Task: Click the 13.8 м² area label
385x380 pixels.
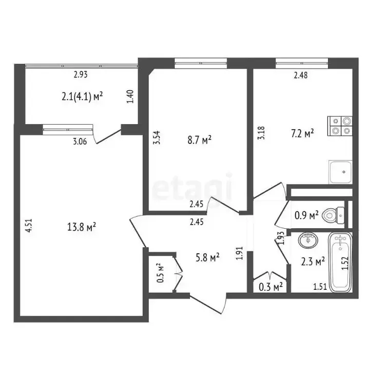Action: pos(81,227)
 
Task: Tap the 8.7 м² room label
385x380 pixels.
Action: pos(199,141)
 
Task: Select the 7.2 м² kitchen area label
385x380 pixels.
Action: pos(302,134)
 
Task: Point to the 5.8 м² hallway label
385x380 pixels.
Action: pos(207,257)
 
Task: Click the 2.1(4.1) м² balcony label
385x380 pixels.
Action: pos(82,96)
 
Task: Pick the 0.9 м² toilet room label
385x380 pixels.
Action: pos(306,215)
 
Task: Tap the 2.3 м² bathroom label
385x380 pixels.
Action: pos(313,262)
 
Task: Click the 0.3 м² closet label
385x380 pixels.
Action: pos(271,287)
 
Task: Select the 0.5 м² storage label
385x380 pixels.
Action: pos(160,273)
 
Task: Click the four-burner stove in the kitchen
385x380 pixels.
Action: pos(340,126)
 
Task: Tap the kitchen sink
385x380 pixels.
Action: pos(340,172)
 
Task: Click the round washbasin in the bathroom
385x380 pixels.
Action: pos(308,241)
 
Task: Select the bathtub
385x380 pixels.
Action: pos(340,262)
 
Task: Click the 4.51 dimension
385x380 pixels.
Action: pos(29,226)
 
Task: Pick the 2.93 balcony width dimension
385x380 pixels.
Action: pos(81,74)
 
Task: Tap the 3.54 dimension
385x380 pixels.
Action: pos(157,137)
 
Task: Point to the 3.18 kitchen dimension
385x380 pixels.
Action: pos(261,133)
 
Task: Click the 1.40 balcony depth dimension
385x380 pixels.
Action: pos(130,96)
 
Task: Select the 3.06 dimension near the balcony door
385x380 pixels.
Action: pos(80,142)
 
